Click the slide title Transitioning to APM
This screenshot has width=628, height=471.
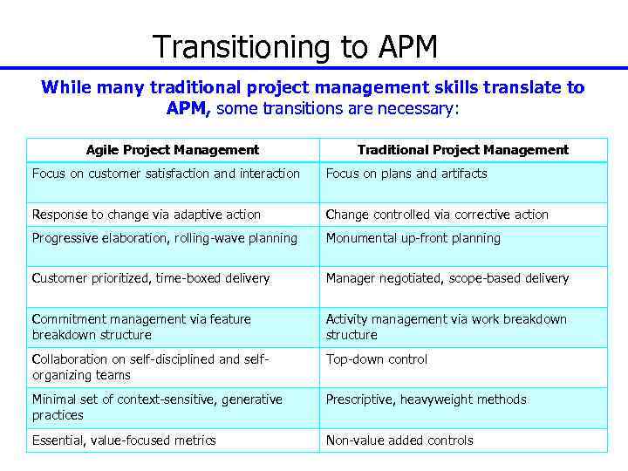pyautogui.click(x=295, y=46)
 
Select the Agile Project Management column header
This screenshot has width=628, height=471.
pyautogui.click(x=173, y=150)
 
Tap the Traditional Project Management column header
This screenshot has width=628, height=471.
pyautogui.click(x=463, y=150)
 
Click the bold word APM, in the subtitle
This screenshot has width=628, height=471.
pyautogui.click(x=188, y=109)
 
